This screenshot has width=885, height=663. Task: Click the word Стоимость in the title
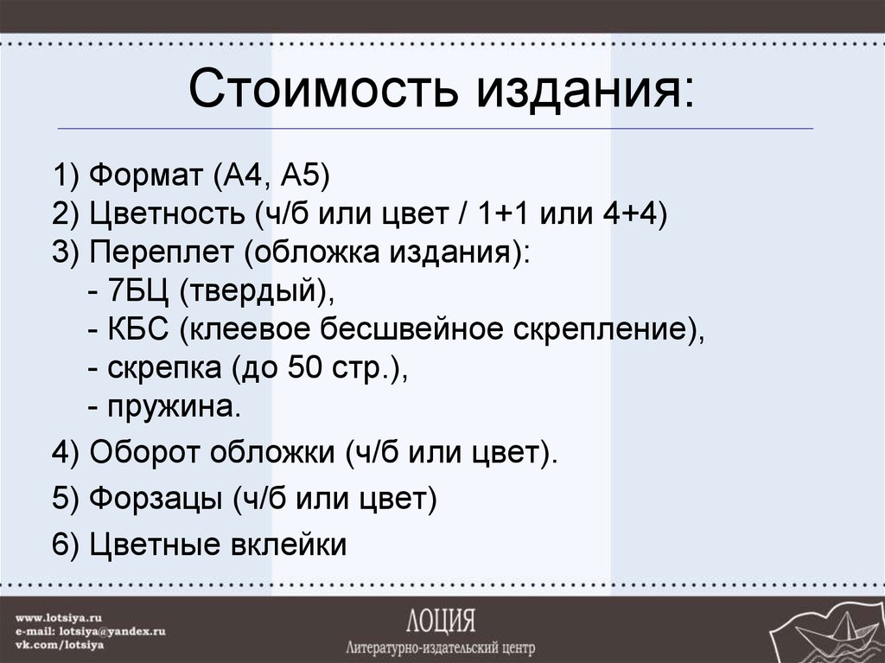pyautogui.click(x=326, y=89)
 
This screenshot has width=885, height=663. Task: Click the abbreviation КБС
pyautogui.click(x=142, y=331)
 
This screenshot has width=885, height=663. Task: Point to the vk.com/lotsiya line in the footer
pyautogui.click(x=61, y=644)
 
